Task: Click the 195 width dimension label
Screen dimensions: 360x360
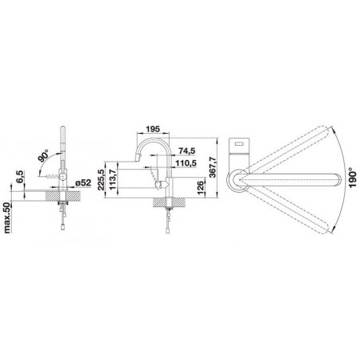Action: tap(153, 129)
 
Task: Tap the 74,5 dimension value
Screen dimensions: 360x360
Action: tap(187, 151)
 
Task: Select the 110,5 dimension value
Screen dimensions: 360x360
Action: tap(187, 163)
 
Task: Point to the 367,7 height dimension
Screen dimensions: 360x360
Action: tap(213, 167)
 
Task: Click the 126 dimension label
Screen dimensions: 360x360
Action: tap(201, 187)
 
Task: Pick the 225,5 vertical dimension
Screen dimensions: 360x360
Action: tap(101, 180)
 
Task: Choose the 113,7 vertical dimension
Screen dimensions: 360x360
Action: tap(113, 180)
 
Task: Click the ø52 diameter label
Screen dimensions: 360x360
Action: tap(83, 182)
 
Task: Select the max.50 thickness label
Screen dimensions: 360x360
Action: tap(7, 217)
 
